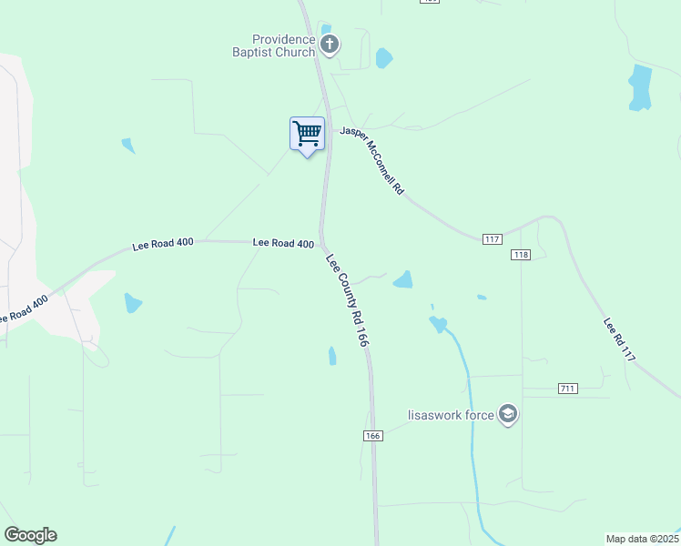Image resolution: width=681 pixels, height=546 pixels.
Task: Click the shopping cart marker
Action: [308, 134]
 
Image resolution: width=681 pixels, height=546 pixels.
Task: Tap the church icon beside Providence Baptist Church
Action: [330, 44]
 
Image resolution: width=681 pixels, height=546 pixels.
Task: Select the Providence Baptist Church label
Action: [284, 45]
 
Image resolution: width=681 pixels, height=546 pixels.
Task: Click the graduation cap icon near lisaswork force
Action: [508, 415]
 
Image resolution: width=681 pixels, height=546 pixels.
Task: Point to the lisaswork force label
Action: [451, 416]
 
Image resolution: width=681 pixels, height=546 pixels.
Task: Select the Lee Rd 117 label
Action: [618, 341]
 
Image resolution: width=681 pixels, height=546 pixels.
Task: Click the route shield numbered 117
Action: [492, 238]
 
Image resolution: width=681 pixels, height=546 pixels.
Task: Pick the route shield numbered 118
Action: [521, 255]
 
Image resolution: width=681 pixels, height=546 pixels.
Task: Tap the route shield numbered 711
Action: [568, 389]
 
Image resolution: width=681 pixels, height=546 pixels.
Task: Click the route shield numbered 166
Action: [371, 436]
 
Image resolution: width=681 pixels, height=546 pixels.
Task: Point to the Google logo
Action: [30, 535]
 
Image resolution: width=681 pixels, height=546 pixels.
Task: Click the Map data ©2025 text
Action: [641, 539]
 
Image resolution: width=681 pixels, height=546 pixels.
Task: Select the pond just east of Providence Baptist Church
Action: [384, 58]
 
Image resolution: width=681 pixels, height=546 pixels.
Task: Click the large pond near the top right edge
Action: [640, 87]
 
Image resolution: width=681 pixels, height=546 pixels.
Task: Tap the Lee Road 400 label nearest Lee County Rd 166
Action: [283, 243]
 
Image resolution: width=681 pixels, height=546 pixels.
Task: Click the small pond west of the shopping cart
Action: [127, 145]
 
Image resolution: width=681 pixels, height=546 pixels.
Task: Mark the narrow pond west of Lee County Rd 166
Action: [332, 355]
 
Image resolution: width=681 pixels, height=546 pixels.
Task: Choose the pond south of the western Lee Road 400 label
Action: [133, 303]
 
